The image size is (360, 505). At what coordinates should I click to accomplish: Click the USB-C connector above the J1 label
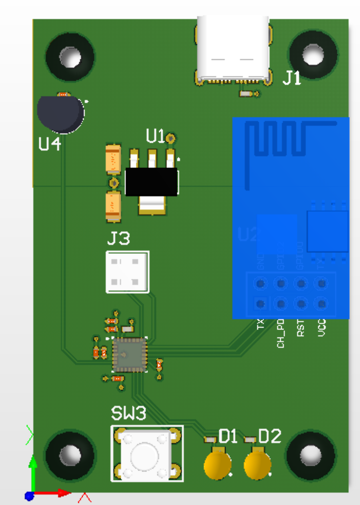[x=233, y=48]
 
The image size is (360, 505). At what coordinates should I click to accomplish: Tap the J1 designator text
[x=291, y=77]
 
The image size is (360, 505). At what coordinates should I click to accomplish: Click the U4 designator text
[x=50, y=143]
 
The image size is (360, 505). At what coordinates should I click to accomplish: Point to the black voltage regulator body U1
[x=151, y=182]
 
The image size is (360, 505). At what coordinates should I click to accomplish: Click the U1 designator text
[x=155, y=137]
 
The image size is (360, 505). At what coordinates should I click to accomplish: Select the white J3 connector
[x=127, y=272]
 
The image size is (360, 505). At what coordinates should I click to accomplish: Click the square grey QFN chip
[x=130, y=355]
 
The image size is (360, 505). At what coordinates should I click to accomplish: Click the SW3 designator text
[x=129, y=413]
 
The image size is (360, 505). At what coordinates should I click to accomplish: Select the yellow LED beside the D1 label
[x=218, y=465]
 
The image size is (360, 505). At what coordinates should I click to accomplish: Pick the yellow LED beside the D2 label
[x=258, y=465]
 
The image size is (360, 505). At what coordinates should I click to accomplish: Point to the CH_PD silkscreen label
[x=280, y=333]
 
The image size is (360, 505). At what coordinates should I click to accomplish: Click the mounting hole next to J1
[x=313, y=55]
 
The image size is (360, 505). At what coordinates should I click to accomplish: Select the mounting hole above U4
[x=70, y=58]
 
